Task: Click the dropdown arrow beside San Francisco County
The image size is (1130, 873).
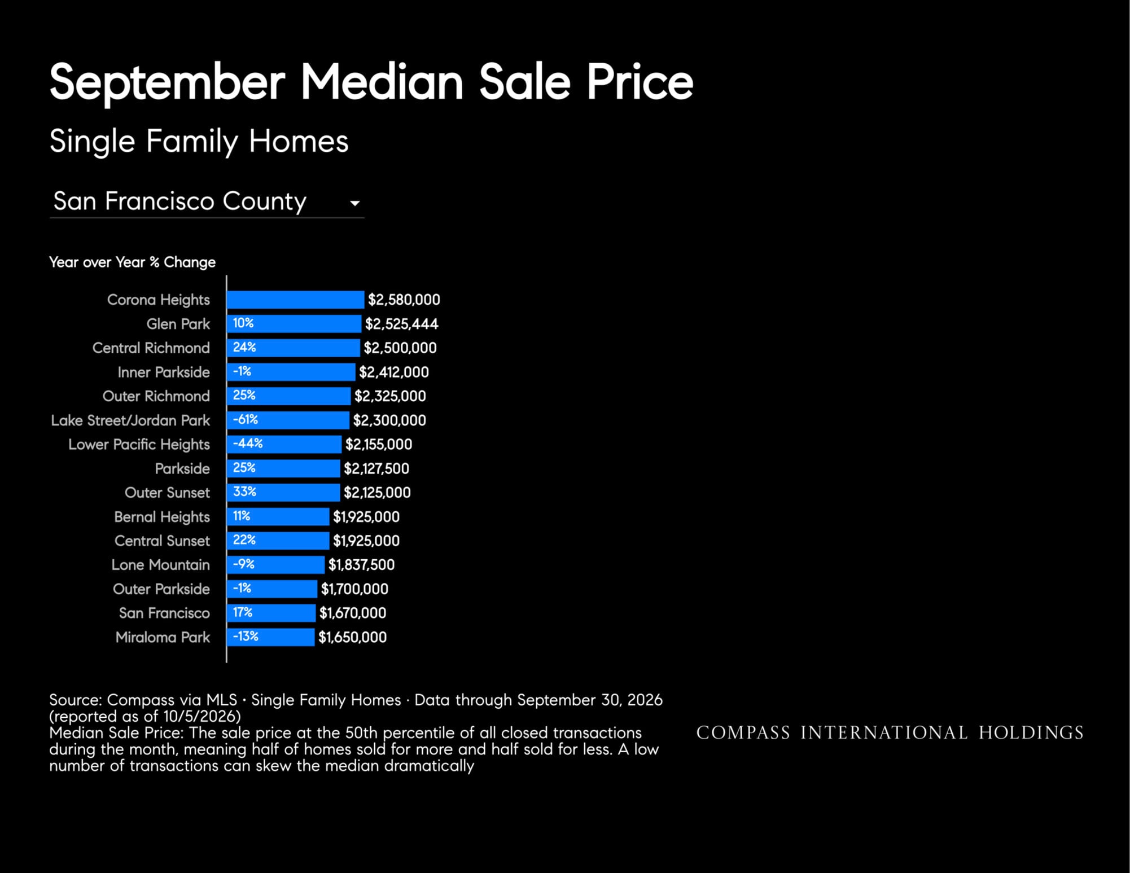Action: pyautogui.click(x=354, y=203)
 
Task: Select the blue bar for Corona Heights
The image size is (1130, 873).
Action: pyautogui.click(x=295, y=300)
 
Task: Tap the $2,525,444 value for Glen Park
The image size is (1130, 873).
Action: pyautogui.click(x=401, y=324)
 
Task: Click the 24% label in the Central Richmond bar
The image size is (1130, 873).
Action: pyautogui.click(x=244, y=347)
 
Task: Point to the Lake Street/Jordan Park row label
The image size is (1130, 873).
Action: pyautogui.click(x=130, y=420)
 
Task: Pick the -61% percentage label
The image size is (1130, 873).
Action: pyautogui.click(x=246, y=419)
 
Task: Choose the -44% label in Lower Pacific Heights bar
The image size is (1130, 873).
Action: pyautogui.click(x=248, y=444)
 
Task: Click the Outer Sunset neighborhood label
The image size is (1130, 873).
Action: pyautogui.click(x=167, y=493)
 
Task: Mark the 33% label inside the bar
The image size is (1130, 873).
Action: pyautogui.click(x=244, y=492)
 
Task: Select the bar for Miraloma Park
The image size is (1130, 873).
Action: pyautogui.click(x=270, y=637)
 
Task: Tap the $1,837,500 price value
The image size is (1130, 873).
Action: pyautogui.click(x=361, y=565)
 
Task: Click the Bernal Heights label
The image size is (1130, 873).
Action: pyautogui.click(x=162, y=517)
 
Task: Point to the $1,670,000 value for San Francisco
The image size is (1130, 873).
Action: pyautogui.click(x=353, y=613)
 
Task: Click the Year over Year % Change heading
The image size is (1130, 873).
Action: pyautogui.click(x=132, y=262)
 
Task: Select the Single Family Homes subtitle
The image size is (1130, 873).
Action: pyautogui.click(x=199, y=141)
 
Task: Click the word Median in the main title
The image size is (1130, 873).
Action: pyautogui.click(x=382, y=82)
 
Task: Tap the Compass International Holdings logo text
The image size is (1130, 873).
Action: pyautogui.click(x=890, y=732)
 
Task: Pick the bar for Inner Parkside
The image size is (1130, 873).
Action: pyautogui.click(x=291, y=372)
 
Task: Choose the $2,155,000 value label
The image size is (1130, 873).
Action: pyautogui.click(x=379, y=445)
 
